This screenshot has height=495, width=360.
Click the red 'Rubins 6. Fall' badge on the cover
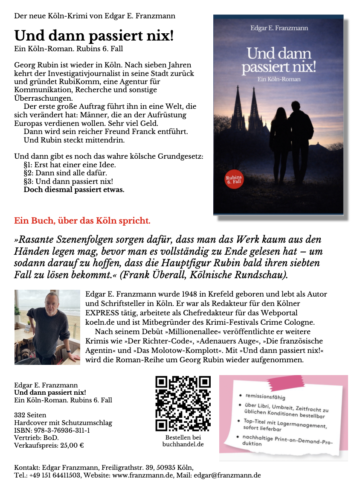tap(234, 180)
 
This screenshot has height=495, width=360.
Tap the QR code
tap(183, 404)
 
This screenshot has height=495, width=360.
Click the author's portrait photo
tap(47, 327)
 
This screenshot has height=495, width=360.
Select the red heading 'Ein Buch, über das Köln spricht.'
tap(82, 221)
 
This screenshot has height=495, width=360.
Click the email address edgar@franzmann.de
tap(227, 475)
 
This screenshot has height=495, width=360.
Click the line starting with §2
tap(65, 173)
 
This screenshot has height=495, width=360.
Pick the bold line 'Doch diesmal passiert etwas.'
tap(74, 189)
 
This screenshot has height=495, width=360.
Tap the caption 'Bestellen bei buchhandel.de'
tap(183, 441)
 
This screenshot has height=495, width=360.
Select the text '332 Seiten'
tap(30, 415)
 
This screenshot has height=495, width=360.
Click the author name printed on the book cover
tap(279, 28)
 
